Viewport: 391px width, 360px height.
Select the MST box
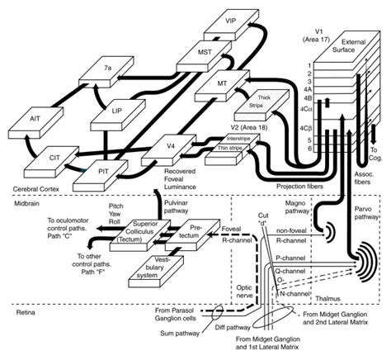205,54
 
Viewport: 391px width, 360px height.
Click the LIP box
119,111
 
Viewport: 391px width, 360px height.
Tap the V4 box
171,148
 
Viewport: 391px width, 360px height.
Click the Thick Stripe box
252,102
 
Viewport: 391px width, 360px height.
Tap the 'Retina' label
16,313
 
